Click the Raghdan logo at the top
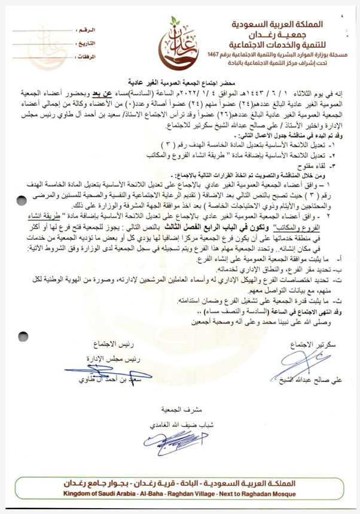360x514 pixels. click(177, 40)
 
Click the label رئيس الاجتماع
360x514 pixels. click(113, 345)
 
